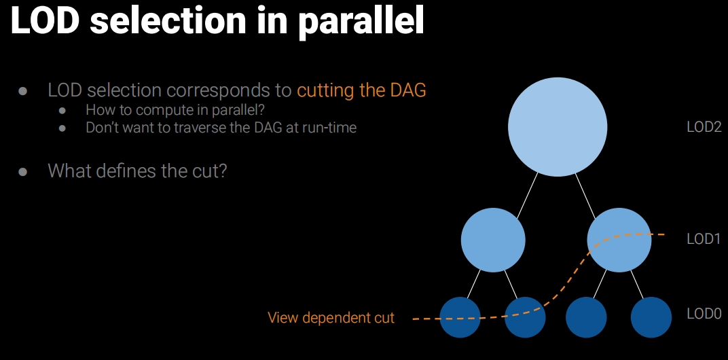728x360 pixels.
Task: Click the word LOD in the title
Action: (45, 21)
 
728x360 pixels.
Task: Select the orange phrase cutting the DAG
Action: (361, 90)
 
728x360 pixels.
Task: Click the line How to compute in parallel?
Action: (175, 110)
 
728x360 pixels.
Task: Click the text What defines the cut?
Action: (137, 170)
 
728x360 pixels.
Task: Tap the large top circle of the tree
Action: (557, 127)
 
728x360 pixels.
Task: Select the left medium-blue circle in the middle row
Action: (493, 240)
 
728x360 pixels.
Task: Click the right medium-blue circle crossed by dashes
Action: (619, 240)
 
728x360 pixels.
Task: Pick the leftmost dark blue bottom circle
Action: (460, 317)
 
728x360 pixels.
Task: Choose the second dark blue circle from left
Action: (525, 317)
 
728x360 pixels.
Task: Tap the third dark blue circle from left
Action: (586, 317)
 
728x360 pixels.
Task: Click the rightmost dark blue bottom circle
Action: (651, 317)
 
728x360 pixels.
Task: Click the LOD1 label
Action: (704, 239)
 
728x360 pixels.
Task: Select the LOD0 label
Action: (704, 314)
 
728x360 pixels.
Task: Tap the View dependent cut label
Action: (331, 318)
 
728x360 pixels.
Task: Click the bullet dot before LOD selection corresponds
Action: (22, 90)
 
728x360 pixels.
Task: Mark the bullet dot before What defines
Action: (22, 172)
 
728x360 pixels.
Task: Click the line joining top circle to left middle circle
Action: (528, 195)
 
